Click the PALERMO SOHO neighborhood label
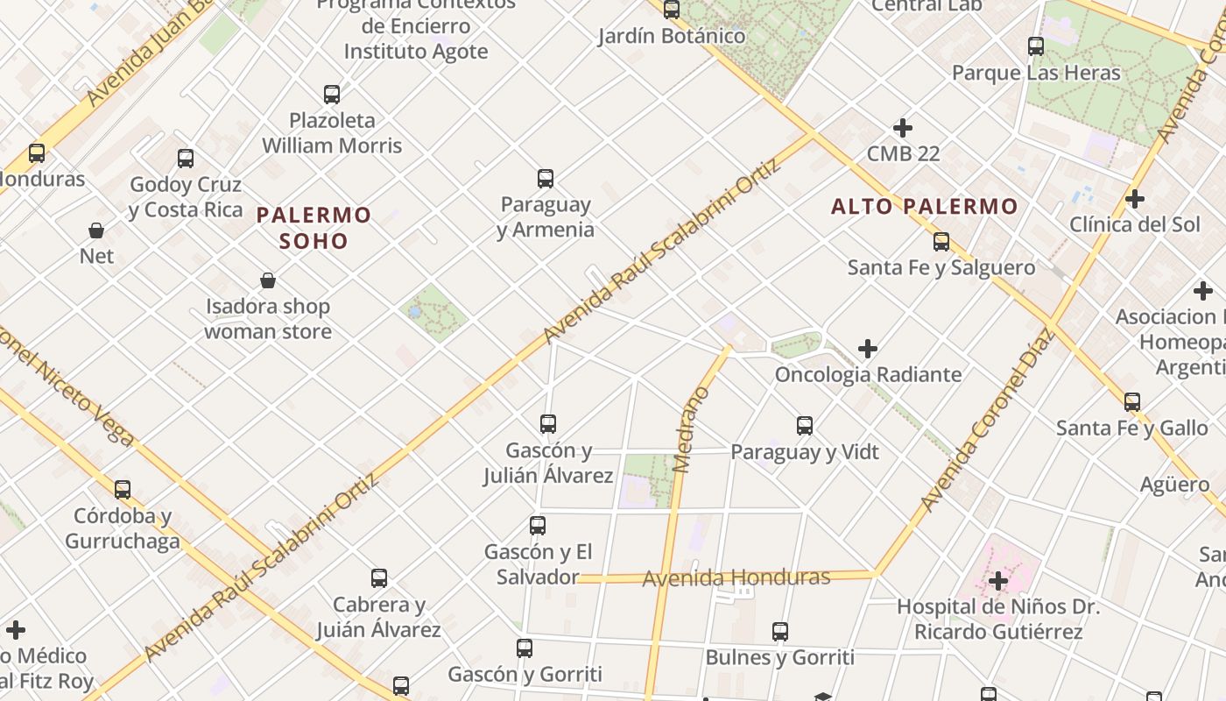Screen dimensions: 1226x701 point(314,228)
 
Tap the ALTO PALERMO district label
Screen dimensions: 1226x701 point(924,207)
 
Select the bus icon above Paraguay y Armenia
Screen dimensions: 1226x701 point(546,179)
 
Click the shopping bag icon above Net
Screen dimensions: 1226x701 point(96,230)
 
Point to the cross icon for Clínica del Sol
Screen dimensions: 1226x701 point(1135,199)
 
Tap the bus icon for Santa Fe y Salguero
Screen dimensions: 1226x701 point(941,242)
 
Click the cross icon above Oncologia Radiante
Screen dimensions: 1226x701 point(868,349)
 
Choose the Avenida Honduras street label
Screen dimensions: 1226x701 point(736,577)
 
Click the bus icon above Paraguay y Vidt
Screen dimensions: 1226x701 point(805,426)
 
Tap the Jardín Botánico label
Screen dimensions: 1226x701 point(672,36)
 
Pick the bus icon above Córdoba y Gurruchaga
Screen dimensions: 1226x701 point(123,490)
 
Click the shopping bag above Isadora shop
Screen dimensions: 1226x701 point(268,280)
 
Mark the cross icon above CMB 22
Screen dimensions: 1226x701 point(903,128)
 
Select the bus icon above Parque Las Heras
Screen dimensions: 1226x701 point(1036,46)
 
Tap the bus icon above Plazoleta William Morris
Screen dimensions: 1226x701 point(332,95)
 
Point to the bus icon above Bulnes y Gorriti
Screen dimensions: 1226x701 point(780,631)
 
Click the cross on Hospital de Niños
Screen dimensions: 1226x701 point(998,580)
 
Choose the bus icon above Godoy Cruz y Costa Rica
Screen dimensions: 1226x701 point(186,159)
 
